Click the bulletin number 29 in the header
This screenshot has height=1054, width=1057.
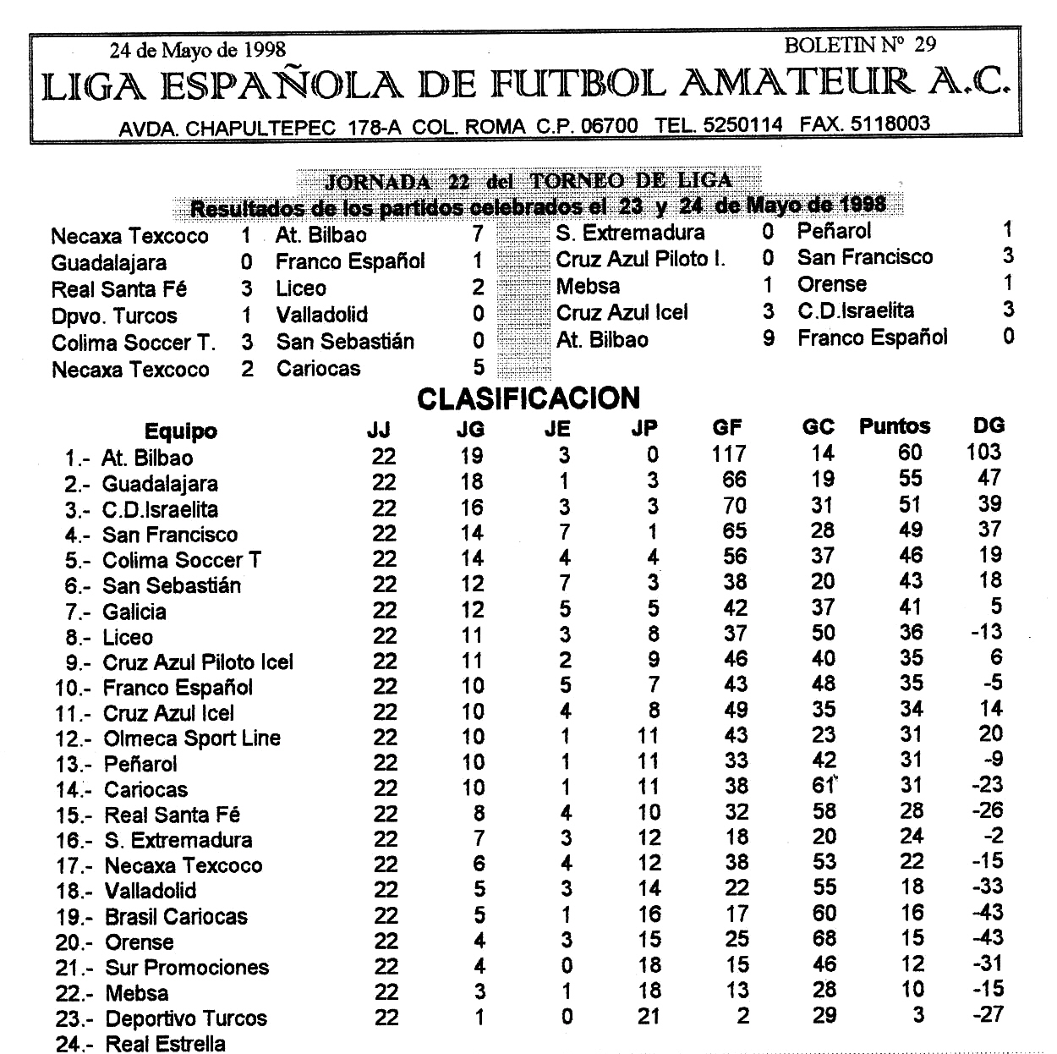(924, 45)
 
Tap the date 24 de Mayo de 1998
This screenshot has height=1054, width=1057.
(198, 50)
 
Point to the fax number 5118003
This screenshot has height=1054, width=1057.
(890, 124)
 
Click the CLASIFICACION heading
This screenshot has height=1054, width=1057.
(528, 398)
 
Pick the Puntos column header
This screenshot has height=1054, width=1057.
(894, 426)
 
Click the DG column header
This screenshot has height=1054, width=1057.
(989, 425)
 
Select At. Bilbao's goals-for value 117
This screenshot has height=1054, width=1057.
(728, 455)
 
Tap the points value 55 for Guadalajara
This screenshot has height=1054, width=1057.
(910, 479)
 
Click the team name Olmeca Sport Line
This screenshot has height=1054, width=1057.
(191, 738)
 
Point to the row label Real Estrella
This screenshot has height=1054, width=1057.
(165, 1044)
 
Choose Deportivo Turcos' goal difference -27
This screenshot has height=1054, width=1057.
(988, 1014)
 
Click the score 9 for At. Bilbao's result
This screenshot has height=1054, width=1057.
(768, 338)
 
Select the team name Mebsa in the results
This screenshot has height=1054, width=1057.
(588, 286)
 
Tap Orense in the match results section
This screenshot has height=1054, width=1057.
(831, 284)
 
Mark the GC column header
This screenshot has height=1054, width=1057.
(818, 427)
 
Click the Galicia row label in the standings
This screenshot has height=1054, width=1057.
(134, 612)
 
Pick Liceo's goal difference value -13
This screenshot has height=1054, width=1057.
(986, 632)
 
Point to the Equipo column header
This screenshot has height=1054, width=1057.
(180, 431)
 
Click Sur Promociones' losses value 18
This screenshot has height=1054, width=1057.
(649, 964)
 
